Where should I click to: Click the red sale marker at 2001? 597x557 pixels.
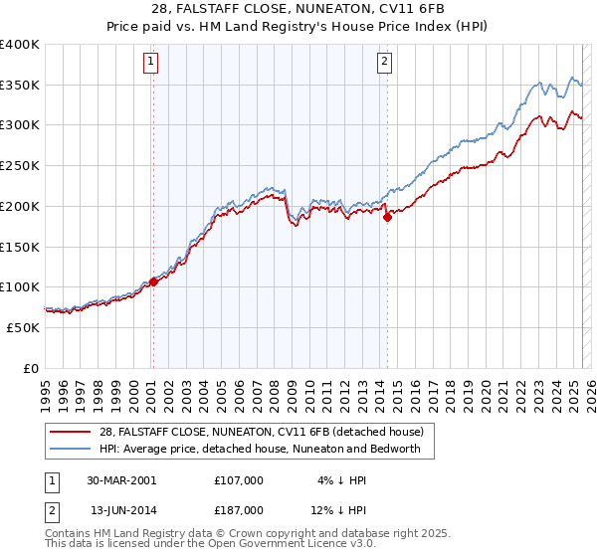153,281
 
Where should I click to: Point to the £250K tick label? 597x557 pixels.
20,165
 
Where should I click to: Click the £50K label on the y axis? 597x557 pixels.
24,327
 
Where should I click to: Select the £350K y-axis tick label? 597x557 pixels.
20,85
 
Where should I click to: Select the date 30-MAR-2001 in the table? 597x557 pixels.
120,480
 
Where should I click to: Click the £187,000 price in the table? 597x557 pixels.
239,509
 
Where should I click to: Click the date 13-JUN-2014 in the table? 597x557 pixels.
120,509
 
